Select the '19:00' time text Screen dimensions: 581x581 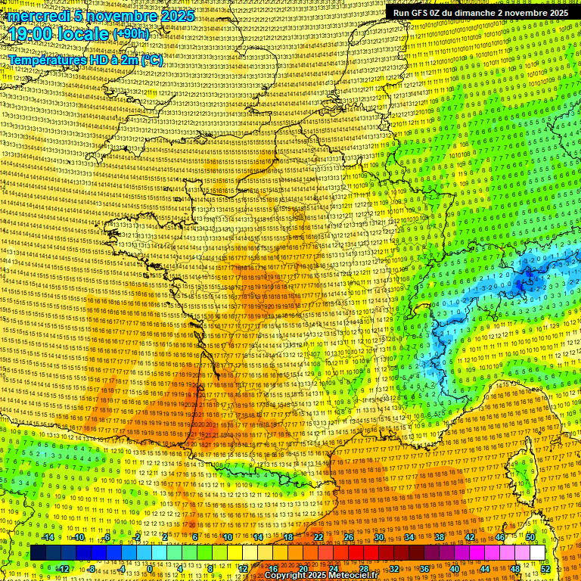(x=31, y=34)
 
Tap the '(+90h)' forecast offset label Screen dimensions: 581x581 (x=131, y=34)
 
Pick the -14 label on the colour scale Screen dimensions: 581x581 (x=48, y=537)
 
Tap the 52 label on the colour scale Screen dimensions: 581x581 (x=545, y=568)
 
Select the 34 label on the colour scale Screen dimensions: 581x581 (x=409, y=537)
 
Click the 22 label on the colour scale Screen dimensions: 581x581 (x=318, y=537)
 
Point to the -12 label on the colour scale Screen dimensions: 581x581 (x=63, y=568)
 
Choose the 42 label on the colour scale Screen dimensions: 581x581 (x=469, y=537)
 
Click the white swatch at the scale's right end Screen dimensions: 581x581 (x=537, y=553)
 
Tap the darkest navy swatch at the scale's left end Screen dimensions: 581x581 (x=38, y=553)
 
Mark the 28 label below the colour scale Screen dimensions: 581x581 (x=363, y=568)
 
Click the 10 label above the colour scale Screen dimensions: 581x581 (x=228, y=537)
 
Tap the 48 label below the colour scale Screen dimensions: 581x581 (x=515, y=568)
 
